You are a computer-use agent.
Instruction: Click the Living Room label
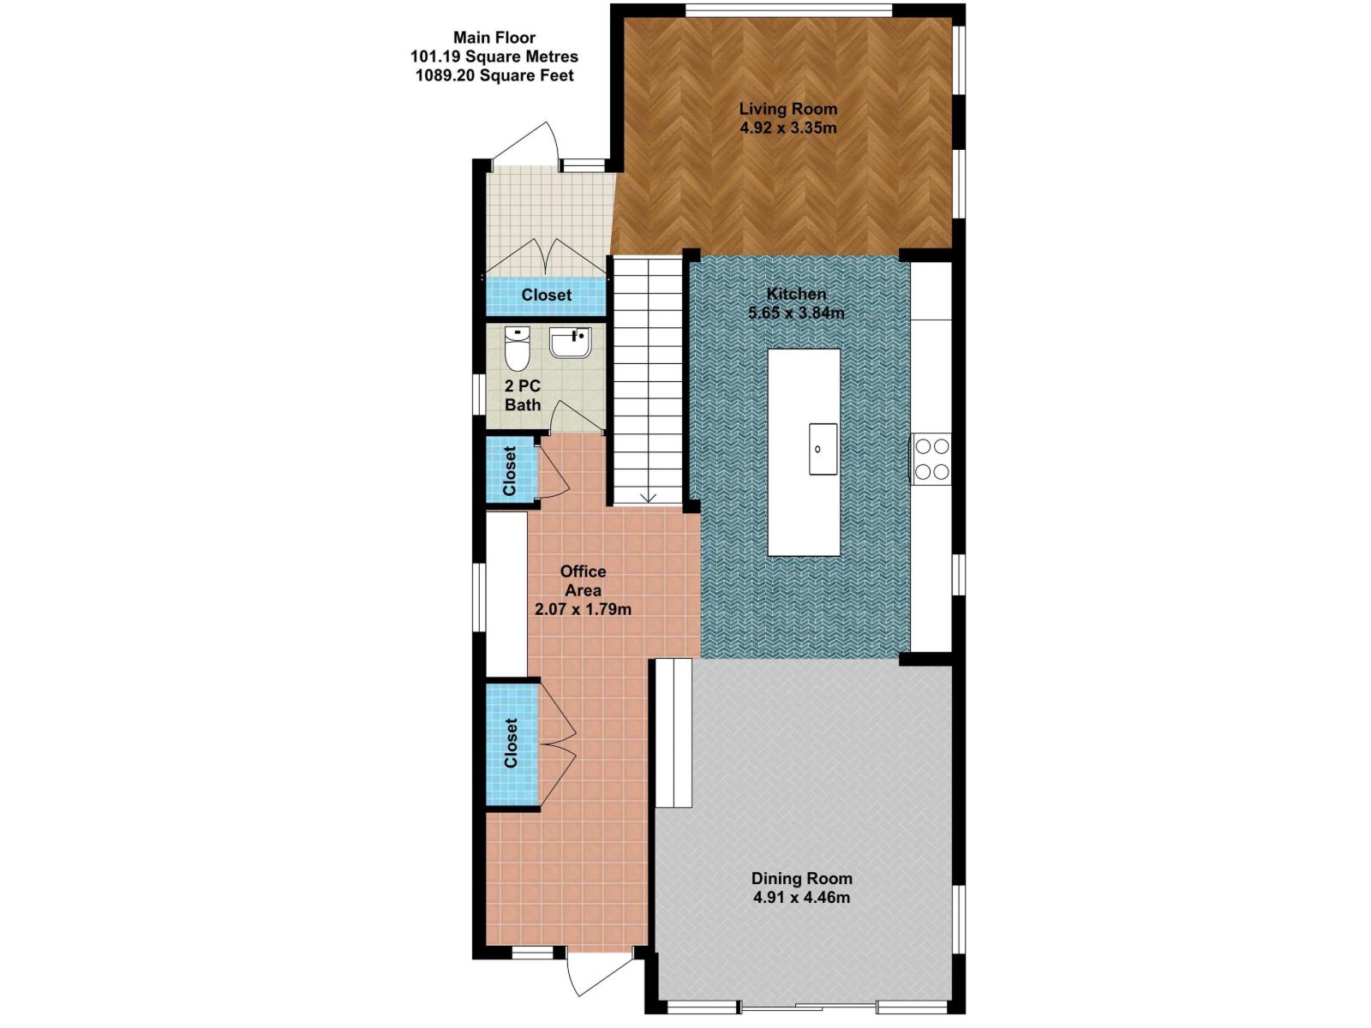[x=787, y=109]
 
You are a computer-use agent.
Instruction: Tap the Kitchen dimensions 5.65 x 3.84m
[x=796, y=313]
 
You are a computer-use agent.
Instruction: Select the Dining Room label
[x=801, y=878]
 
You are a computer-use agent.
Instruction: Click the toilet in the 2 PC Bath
[x=517, y=346]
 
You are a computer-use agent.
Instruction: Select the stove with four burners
[x=931, y=458]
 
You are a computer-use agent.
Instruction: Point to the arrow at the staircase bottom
[x=648, y=496]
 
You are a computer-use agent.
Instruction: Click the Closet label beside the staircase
[x=546, y=295]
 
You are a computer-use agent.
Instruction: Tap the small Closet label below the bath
[x=510, y=471]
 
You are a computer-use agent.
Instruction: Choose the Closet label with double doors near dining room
[x=511, y=743]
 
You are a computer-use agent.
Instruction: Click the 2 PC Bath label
[x=523, y=395]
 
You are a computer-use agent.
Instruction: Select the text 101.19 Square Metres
[x=494, y=57]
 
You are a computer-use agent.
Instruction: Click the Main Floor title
[x=494, y=38]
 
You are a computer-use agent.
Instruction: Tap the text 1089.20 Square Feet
[x=494, y=75]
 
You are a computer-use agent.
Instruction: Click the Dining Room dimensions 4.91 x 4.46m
[x=801, y=898]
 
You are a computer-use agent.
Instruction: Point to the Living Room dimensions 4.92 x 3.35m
[x=787, y=128]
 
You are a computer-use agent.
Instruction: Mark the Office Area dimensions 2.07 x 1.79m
[x=583, y=610]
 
